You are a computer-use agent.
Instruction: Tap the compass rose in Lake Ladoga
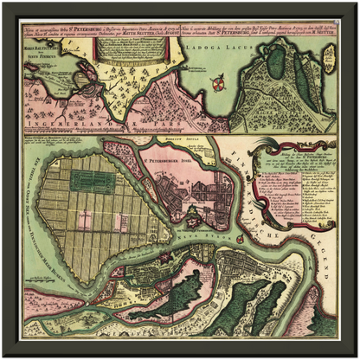217,84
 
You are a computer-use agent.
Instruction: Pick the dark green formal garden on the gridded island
92,180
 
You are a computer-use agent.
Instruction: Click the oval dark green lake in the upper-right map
276,62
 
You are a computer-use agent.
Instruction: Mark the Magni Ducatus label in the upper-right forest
286,95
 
